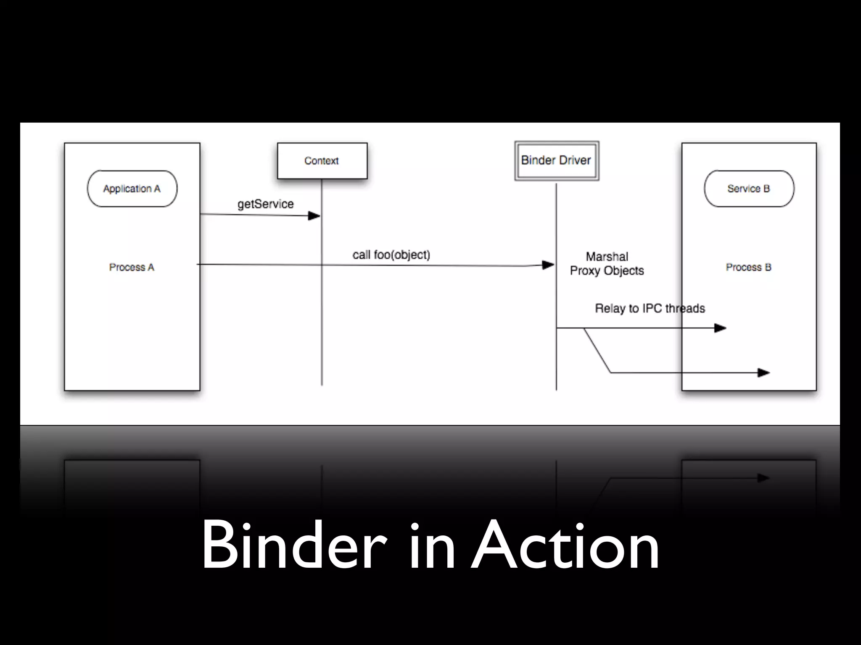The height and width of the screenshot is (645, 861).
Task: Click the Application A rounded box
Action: pos(132,189)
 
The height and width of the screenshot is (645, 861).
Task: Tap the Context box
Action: pos(322,161)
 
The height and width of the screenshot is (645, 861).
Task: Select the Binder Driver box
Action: pos(557,160)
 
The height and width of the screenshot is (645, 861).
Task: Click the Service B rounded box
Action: pos(749,189)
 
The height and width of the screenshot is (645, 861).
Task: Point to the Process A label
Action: pos(132,267)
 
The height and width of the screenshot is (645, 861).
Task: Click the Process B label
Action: pos(749,267)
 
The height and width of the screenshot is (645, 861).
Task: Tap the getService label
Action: pos(265,204)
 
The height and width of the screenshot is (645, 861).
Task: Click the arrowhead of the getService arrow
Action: pos(314,216)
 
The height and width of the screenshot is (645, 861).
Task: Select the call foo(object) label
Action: pos(391,255)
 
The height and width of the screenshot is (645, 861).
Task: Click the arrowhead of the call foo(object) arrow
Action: pos(548,265)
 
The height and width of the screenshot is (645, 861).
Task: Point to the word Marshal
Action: pos(607,257)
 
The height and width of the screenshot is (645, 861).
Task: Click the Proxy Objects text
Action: pos(607,271)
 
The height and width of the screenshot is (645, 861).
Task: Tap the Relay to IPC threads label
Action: pos(650,309)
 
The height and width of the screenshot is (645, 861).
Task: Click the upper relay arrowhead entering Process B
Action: pos(720,328)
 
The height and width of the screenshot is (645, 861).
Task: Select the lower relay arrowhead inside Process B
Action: pos(763,372)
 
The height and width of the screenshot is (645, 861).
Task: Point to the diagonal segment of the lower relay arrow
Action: pos(597,351)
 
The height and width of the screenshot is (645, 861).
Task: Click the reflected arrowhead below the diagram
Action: pos(763,478)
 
